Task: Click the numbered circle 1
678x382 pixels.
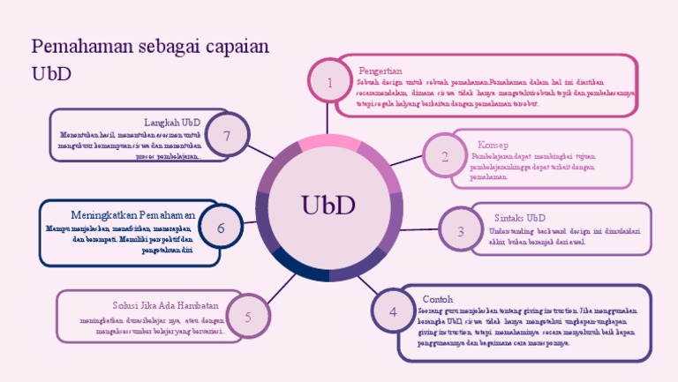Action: tap(329, 83)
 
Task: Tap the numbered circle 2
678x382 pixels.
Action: tap(445, 156)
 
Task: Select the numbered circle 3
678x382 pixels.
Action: tap(460, 231)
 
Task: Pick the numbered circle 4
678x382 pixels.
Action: tap(393, 311)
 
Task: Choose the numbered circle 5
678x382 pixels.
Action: tap(248, 317)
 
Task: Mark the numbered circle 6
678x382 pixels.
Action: tap(221, 228)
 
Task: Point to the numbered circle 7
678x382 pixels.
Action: tap(227, 136)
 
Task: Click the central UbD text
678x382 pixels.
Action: tap(328, 205)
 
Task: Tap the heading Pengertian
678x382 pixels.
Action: tap(380, 71)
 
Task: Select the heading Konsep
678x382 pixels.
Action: tap(493, 145)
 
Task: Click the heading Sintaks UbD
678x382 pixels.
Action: tap(519, 218)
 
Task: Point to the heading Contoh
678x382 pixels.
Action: tap(438, 299)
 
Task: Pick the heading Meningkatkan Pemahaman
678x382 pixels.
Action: tap(132, 215)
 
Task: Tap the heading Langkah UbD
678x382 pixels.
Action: tap(171, 122)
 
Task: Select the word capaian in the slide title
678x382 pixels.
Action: tap(231, 48)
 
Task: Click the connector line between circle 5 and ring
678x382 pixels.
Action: tap(280, 288)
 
